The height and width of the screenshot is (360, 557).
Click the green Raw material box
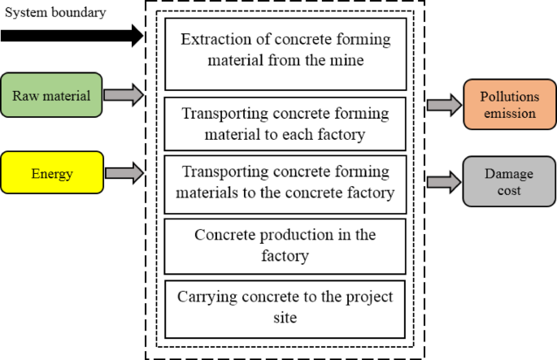tap(52, 94)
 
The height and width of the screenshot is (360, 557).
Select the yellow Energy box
tap(52, 172)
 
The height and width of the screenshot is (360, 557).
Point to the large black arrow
tap(72, 36)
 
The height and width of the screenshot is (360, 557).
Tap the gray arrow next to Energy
tap(124, 172)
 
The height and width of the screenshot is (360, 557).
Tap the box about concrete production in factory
tap(285, 245)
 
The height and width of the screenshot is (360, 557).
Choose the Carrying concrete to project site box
tap(285, 307)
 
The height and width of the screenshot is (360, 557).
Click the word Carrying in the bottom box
tap(205, 297)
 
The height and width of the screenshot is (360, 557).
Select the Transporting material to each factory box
tap(285, 124)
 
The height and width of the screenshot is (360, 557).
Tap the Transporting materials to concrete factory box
tap(285, 183)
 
